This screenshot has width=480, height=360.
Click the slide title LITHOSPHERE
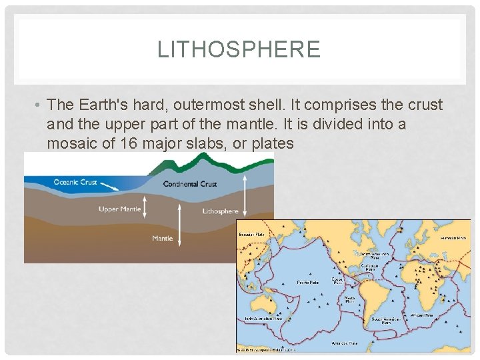(x=239, y=49)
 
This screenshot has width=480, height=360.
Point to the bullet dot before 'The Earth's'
(x=39, y=105)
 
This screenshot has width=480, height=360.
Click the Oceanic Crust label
(x=75, y=182)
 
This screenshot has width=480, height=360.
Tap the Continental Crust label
(x=190, y=184)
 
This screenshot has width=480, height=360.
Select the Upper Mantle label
(x=120, y=209)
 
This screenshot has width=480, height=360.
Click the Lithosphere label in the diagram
(x=220, y=211)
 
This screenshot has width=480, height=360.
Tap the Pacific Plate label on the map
(x=307, y=282)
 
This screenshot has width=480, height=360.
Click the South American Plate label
(x=386, y=320)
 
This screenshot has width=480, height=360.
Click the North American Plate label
(x=373, y=256)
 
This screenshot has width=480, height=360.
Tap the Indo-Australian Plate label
(x=263, y=319)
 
